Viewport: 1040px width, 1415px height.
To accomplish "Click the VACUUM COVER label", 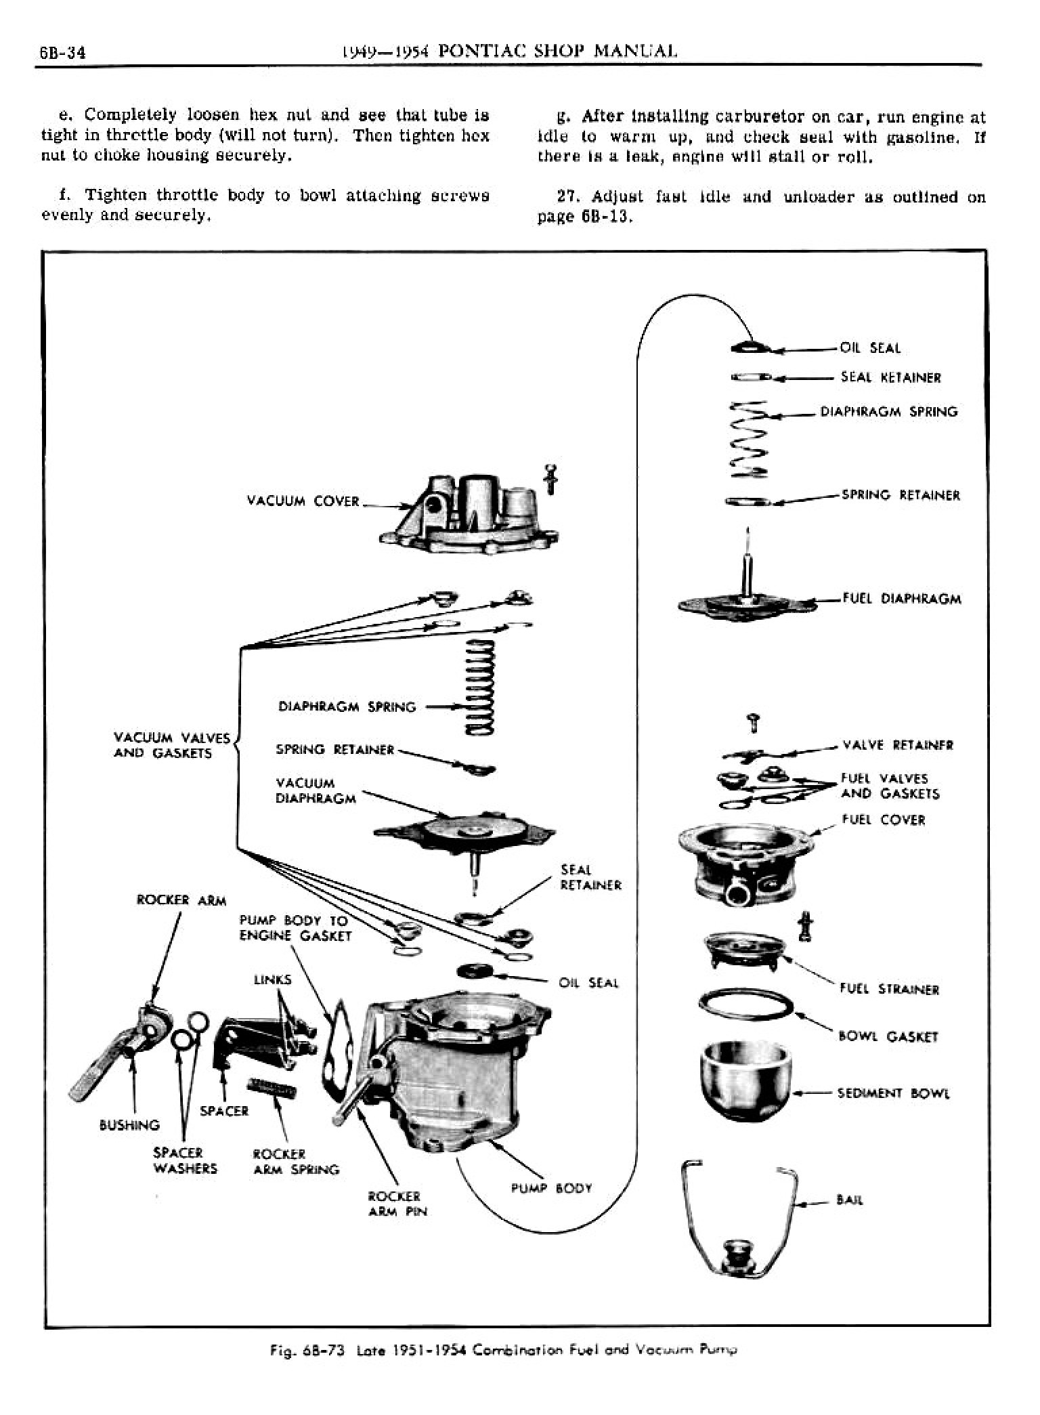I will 303,501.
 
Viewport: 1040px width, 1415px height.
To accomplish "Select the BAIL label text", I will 850,1200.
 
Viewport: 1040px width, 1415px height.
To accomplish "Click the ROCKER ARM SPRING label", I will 295,1161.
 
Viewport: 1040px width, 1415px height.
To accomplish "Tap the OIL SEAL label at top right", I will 870,348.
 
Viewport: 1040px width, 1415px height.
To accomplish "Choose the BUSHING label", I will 129,1125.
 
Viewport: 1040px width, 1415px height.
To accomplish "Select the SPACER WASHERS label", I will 185,1160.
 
